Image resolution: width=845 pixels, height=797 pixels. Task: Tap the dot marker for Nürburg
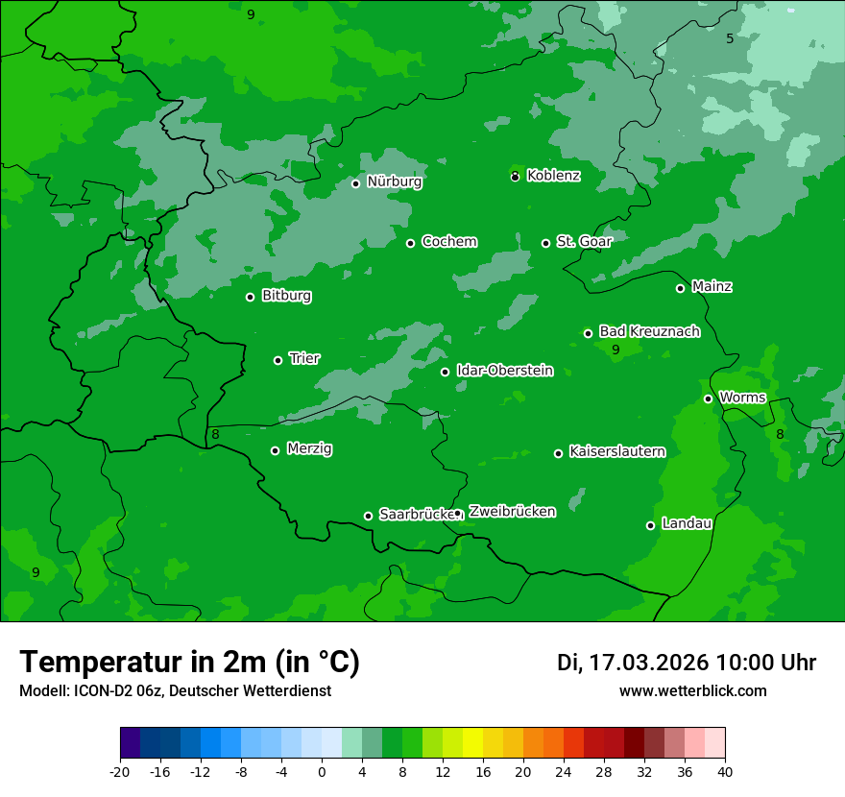(x=355, y=183)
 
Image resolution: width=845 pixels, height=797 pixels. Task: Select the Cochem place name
(x=448, y=242)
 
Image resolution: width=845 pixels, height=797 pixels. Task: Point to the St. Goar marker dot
(x=545, y=243)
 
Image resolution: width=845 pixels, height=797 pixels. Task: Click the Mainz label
(x=712, y=287)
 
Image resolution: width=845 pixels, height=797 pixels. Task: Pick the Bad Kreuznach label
(x=649, y=331)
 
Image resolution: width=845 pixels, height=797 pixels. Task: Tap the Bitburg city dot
(x=250, y=297)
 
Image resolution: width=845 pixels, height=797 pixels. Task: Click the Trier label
(x=304, y=359)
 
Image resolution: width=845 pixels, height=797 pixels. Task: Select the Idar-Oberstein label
(x=504, y=371)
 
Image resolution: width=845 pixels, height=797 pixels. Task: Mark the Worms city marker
(x=708, y=398)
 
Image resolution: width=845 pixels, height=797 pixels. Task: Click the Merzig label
(x=309, y=449)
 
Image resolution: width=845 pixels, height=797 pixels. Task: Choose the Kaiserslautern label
(x=616, y=451)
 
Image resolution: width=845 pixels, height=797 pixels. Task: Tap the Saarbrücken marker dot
(x=368, y=516)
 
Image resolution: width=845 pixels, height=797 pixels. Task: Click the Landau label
(x=687, y=523)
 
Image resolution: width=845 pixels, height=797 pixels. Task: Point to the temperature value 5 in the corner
(x=730, y=38)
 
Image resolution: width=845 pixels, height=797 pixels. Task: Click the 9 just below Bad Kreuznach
(x=616, y=350)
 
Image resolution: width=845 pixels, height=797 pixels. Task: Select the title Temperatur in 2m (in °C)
(x=189, y=663)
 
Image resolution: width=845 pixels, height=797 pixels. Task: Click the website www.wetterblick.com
(x=692, y=691)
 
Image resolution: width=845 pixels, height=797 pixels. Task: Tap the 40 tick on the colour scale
(x=725, y=770)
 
